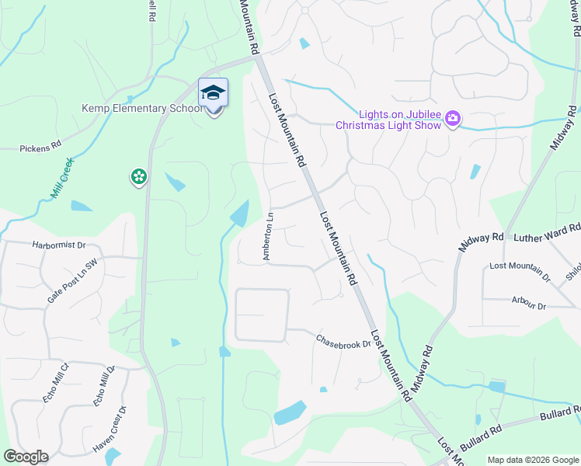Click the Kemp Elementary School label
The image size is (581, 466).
coord(142,108)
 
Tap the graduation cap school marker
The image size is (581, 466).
coord(213,93)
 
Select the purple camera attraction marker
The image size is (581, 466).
coord(453,119)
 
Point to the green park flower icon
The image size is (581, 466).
coord(138,178)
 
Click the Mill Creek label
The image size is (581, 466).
coord(62,178)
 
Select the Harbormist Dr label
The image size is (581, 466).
coord(58,245)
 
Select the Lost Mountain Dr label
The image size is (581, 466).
coord(520,270)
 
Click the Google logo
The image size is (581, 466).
coord(26,457)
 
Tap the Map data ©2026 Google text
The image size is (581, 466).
coord(531,460)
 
